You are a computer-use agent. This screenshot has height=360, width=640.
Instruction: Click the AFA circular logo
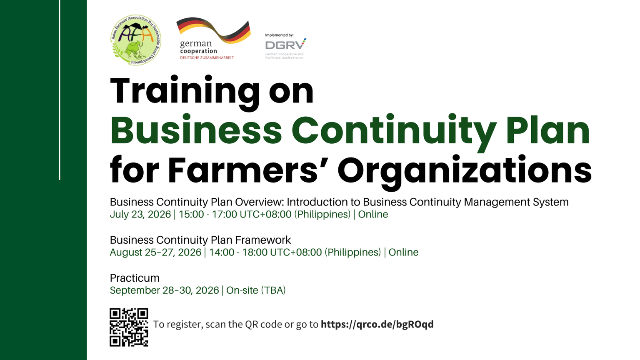pos(136,40)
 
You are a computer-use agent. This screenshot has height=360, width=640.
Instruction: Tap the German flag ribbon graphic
pos(213,30)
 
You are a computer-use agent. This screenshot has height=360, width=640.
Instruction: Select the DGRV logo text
pos(285,45)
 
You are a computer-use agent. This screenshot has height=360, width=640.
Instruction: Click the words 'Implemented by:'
pos(279,35)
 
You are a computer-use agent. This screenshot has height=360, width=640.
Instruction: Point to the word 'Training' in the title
pos(185,92)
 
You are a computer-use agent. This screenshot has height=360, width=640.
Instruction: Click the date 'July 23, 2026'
pos(140,214)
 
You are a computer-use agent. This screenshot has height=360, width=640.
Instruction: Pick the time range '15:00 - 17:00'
pos(208,214)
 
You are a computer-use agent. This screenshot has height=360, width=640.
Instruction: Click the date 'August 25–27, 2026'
pos(155,252)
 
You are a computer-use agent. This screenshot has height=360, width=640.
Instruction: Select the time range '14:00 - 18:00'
pos(238,252)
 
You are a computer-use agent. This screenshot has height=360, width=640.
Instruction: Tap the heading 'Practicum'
pos(135,278)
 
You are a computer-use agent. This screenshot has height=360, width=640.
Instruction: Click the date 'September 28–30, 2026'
pos(164,290)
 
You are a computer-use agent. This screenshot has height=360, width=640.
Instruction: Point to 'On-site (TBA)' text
pos(256,290)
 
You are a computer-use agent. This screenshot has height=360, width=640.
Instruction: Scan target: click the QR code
pos(129,327)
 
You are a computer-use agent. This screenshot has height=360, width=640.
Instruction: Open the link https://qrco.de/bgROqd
pos(377,324)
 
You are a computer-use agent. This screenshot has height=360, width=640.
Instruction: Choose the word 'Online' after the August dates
pos(403,252)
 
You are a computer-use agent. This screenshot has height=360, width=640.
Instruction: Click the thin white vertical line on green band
pos(60,90)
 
